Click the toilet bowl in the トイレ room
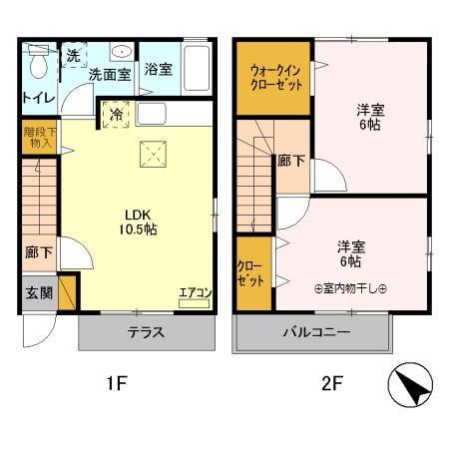point(38,66)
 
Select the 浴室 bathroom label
point(158,70)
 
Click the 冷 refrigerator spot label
point(116,113)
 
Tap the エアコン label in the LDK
point(195,292)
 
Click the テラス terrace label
point(145,333)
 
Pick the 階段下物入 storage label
point(37,137)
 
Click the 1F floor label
point(117,380)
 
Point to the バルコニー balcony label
point(315,333)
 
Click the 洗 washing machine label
point(73,56)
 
